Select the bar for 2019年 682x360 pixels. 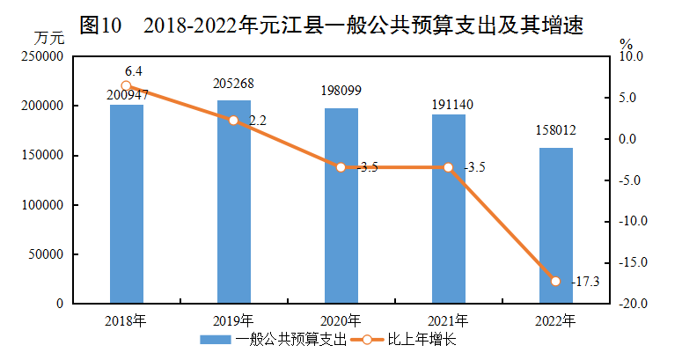click(233, 211)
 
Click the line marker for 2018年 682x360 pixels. click(126, 86)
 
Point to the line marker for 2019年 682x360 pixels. click(233, 121)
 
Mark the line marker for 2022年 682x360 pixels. click(555, 281)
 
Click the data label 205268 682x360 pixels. click(233, 84)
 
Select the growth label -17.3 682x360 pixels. click(583, 282)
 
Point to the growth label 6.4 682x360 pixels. click(133, 70)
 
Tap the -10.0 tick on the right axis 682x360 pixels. click(631, 221)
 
